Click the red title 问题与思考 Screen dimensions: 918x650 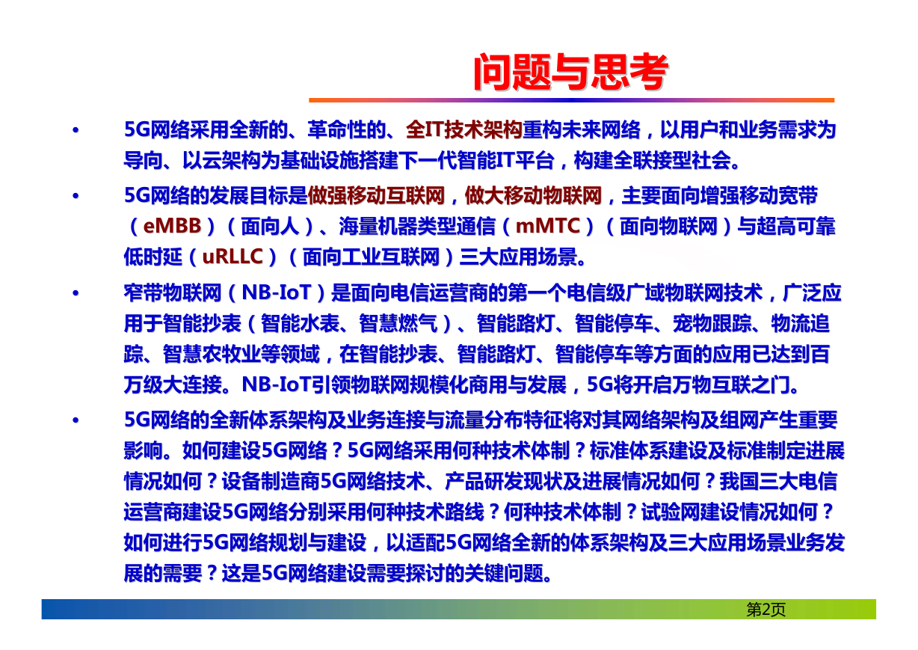[x=570, y=72]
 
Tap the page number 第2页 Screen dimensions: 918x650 [x=765, y=610]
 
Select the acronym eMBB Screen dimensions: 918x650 [x=172, y=226]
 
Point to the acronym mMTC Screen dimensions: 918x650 [x=547, y=226]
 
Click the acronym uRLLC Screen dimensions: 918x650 [x=232, y=257]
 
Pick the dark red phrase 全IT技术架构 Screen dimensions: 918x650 [x=464, y=129]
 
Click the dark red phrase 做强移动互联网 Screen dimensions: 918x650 [x=376, y=196]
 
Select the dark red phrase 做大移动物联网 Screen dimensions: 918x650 [x=533, y=196]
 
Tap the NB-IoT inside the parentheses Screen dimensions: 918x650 [x=276, y=292]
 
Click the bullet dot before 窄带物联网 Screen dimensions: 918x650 [x=76, y=293]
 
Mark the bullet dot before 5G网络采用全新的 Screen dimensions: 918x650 [x=76, y=130]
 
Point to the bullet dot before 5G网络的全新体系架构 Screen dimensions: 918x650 [x=76, y=420]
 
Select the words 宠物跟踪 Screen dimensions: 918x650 [x=712, y=323]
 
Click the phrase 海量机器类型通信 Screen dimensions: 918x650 [x=417, y=226]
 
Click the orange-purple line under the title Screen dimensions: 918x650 [x=571, y=100]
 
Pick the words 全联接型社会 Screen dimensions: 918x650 [x=672, y=160]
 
